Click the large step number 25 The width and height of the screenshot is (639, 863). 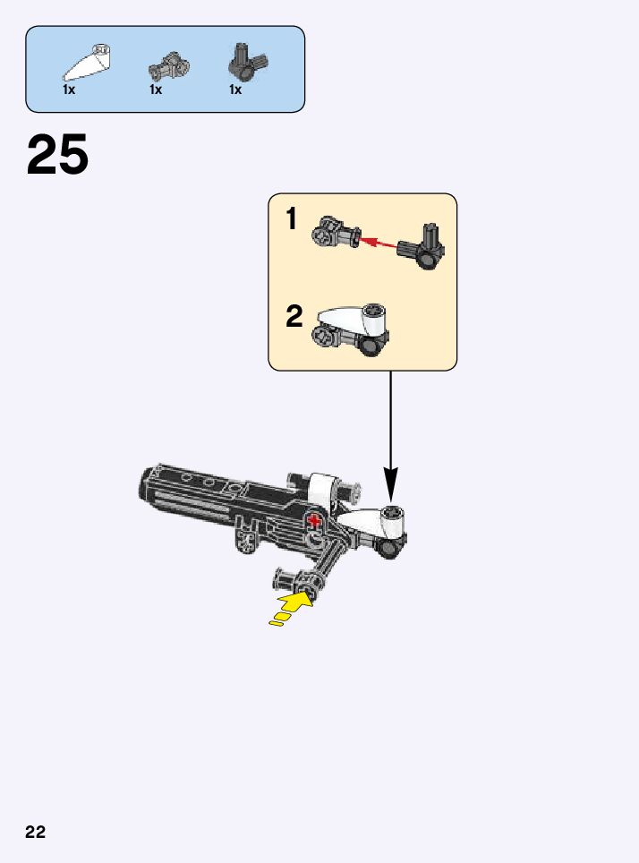[58, 155]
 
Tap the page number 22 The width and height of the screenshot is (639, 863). [35, 832]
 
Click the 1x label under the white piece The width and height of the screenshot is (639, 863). [69, 90]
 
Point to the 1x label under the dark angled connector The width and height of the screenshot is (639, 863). [235, 90]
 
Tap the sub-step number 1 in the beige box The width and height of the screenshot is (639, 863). [292, 219]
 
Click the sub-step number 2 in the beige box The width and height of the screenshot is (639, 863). [294, 316]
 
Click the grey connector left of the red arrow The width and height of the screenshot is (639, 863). [336, 235]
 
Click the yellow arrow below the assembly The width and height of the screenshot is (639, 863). [292, 607]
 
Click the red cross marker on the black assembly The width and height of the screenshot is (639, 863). [314, 521]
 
